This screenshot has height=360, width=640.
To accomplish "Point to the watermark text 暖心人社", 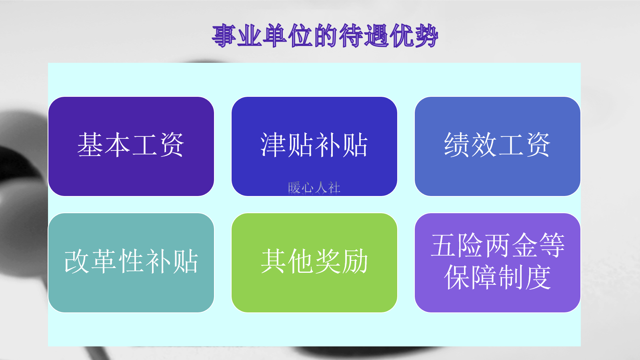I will [x=314, y=187].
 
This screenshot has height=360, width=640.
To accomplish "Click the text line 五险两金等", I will [x=497, y=245].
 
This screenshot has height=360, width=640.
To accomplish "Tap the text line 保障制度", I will [x=497, y=277].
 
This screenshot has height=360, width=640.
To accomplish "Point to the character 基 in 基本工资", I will [x=90, y=145].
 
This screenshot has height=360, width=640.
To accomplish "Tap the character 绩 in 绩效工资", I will [x=457, y=145].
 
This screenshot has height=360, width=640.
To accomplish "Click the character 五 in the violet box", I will [x=444, y=245].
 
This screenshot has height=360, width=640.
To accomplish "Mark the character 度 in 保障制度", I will [x=538, y=277].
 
